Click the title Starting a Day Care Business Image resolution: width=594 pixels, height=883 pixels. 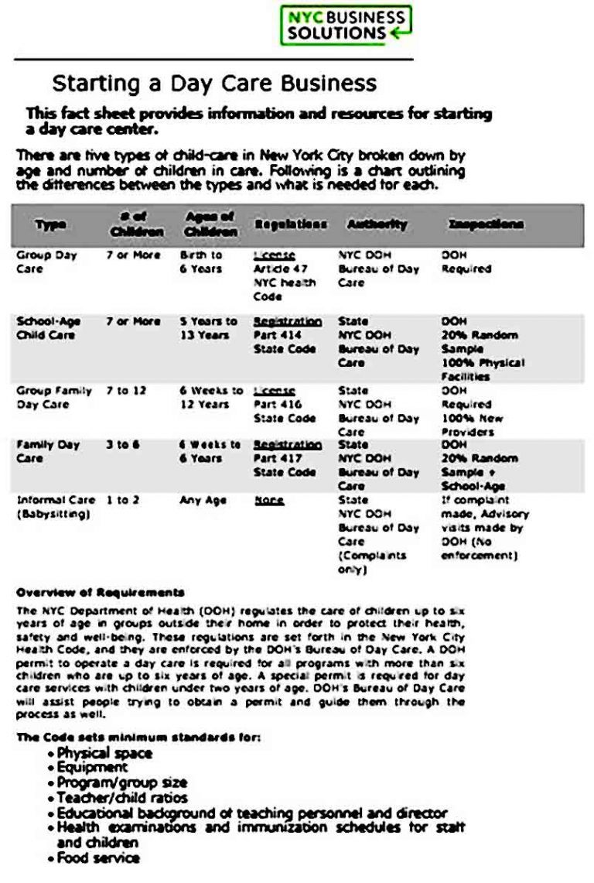(214, 83)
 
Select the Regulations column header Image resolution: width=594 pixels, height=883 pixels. (290, 224)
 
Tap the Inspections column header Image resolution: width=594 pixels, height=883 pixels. (485, 224)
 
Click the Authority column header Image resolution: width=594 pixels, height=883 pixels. (377, 224)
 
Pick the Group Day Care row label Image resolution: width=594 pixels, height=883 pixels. (46, 262)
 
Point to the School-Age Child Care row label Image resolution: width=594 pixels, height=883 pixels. (48, 328)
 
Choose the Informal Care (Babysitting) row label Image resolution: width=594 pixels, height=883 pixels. (56, 507)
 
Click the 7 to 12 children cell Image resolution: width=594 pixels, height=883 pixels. (126, 391)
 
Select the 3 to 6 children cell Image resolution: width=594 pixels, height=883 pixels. (123, 445)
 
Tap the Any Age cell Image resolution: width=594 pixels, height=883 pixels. (203, 501)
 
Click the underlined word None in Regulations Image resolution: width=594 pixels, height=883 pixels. (269, 501)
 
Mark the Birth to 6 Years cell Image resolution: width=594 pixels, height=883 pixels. (201, 262)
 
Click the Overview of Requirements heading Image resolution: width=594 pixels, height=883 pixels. (101, 593)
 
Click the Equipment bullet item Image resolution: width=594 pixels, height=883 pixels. (92, 768)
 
